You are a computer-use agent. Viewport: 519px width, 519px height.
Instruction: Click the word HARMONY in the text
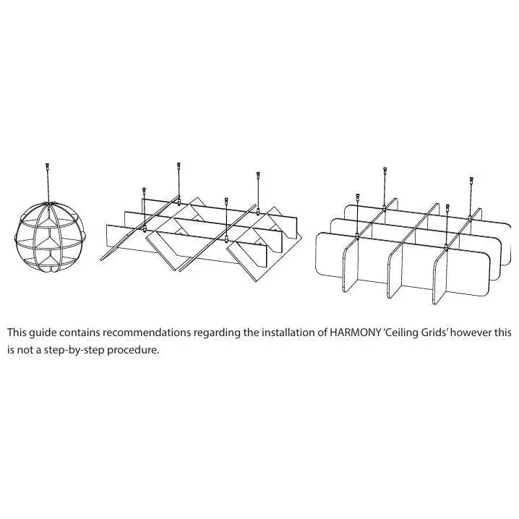point(355,333)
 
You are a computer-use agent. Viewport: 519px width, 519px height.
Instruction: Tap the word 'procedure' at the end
point(133,351)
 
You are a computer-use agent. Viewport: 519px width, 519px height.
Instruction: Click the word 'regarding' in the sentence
point(217,333)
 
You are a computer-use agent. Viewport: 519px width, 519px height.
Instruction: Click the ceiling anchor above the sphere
point(47,165)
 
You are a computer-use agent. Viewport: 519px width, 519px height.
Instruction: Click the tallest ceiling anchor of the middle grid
point(179,165)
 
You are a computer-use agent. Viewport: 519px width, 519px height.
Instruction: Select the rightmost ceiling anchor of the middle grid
point(258,174)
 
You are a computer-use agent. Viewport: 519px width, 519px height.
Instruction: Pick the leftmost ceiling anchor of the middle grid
point(144,190)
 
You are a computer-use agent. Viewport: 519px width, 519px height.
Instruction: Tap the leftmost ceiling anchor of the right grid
point(358,197)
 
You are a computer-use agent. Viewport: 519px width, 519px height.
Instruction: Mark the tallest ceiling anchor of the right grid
point(385,170)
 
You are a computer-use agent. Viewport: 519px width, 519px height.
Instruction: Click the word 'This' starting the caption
point(17,333)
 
